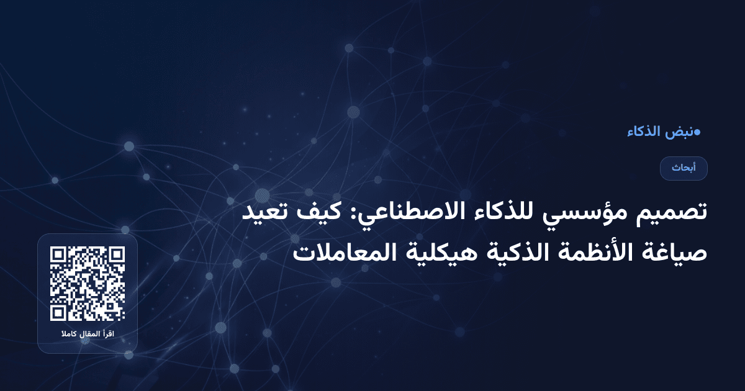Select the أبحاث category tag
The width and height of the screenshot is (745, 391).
pos(684,168)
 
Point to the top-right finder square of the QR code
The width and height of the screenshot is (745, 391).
pos(116,256)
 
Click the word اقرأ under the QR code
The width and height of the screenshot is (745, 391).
pos(109,335)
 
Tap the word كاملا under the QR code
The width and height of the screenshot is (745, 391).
pos(69,335)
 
